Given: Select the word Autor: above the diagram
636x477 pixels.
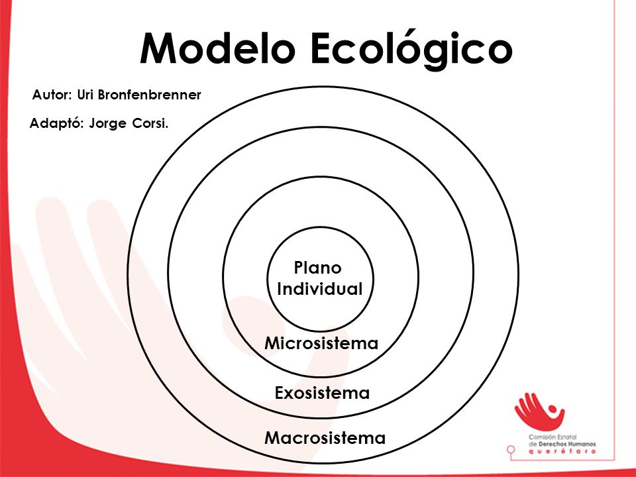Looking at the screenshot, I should pos(53,95).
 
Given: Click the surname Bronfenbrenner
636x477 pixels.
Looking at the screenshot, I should pos(149,95).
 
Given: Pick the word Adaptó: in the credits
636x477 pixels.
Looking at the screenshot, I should pos(56,123).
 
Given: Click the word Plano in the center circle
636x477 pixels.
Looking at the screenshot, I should pos(317,268).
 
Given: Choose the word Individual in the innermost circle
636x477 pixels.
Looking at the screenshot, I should pos(320,290).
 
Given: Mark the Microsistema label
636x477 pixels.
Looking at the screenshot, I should pos(321,343).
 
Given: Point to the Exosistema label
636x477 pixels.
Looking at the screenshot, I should pos(322,393).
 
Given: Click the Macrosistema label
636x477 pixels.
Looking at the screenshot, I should pos(325,438).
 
